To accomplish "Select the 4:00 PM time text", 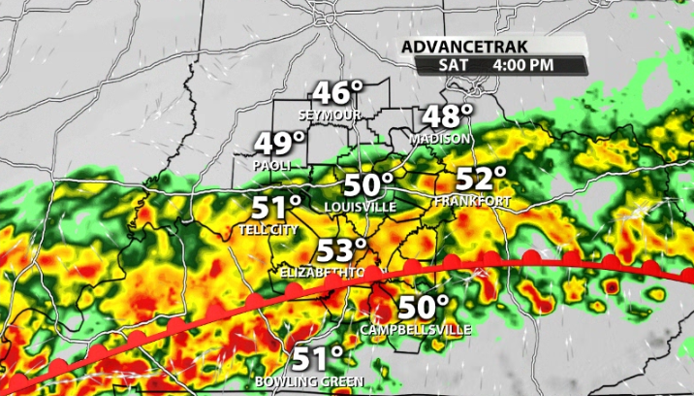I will point(524,65).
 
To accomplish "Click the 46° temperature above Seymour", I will point(336,94).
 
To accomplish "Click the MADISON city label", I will point(441,139).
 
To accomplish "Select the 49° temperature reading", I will point(279,145).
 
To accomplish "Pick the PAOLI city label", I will point(272,165).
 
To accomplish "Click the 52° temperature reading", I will point(482,180).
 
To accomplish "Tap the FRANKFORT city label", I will point(473,201).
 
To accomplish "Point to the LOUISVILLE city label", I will point(361,207).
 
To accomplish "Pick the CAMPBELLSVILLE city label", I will point(415,330).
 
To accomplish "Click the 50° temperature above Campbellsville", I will point(425,308).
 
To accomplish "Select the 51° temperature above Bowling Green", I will point(318,358).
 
